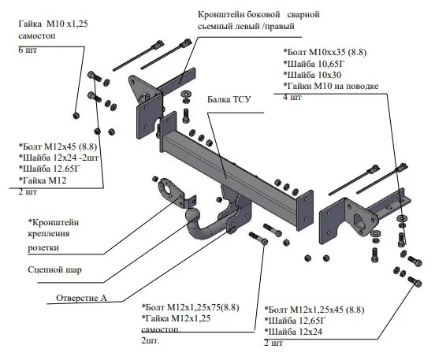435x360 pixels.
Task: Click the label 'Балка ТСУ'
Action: (x=229, y=99)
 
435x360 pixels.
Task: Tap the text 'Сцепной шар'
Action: (x=55, y=269)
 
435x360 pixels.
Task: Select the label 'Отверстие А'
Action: (x=81, y=298)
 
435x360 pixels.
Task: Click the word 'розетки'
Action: (x=43, y=247)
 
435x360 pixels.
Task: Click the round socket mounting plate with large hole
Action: (x=169, y=191)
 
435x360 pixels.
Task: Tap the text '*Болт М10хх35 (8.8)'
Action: (x=325, y=52)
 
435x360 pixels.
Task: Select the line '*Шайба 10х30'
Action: (x=312, y=75)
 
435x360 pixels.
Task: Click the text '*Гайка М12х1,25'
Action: (x=177, y=318)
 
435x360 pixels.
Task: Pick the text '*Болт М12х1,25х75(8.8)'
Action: (x=191, y=307)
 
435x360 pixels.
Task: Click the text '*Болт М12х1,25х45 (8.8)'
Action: (x=314, y=310)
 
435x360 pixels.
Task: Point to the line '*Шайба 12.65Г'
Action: (x=49, y=169)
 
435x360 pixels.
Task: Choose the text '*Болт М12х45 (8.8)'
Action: (x=58, y=147)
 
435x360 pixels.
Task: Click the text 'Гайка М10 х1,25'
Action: (x=54, y=24)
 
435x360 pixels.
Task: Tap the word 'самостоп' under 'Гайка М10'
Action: (x=37, y=35)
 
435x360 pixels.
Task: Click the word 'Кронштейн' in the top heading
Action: (x=221, y=14)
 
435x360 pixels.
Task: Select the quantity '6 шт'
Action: (x=28, y=50)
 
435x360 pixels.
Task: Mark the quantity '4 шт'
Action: (x=292, y=97)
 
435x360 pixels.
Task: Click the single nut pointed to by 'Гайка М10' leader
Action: (x=76, y=115)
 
